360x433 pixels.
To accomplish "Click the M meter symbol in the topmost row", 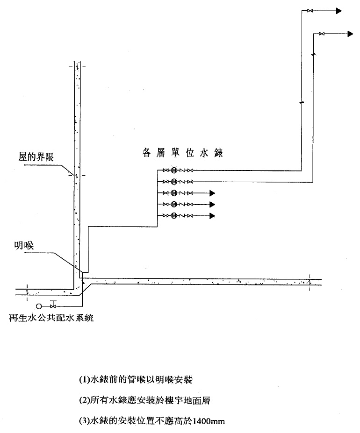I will pyautogui.click(x=173, y=170).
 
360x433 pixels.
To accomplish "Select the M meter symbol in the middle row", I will pyautogui.click(x=173, y=192).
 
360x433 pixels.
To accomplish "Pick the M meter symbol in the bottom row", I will pyautogui.click(x=173, y=215).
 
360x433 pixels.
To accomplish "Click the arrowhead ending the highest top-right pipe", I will pyautogui.click(x=339, y=11).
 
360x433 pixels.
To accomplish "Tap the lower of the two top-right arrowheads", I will pyautogui.click(x=350, y=33).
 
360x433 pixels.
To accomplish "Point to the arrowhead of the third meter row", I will pyautogui.click(x=212, y=192).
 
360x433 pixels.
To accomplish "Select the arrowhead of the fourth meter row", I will pyautogui.click(x=212, y=204).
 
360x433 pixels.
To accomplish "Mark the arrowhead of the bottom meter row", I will pyautogui.click(x=212, y=215).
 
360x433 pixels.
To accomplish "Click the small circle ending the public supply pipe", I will pyautogui.click(x=38, y=306).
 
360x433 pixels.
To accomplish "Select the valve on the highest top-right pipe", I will pyautogui.click(x=310, y=11).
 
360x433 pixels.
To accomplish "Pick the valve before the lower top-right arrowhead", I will pyautogui.click(x=322, y=33).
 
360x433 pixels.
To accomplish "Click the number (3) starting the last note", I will pyautogui.click(x=84, y=421).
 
